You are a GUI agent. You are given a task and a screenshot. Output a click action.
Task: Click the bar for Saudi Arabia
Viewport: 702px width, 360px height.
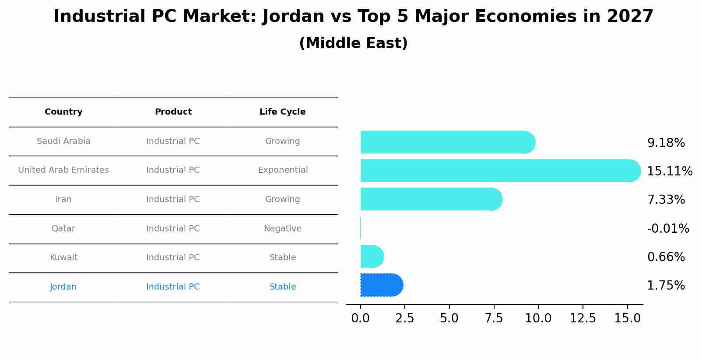point(446,142)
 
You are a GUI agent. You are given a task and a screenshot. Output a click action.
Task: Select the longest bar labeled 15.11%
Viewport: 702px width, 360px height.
point(499,171)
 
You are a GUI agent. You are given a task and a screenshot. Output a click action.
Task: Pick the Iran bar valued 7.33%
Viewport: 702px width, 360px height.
point(431,199)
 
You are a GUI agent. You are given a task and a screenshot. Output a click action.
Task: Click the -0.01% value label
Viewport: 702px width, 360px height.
point(668,228)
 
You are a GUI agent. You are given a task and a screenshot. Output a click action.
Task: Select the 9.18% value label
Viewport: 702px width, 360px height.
point(666,143)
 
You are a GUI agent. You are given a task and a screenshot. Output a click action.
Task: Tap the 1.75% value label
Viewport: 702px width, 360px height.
point(666,285)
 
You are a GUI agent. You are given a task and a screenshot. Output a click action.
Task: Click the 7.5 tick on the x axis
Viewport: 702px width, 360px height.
point(494,318)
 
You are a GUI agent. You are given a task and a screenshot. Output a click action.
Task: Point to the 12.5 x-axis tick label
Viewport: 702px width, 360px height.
point(583,318)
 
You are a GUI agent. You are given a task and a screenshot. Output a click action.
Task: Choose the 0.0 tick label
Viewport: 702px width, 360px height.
point(360,318)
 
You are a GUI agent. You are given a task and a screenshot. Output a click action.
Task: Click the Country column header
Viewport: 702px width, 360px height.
point(63,112)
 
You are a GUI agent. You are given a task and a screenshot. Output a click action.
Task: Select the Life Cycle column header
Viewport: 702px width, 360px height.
point(282,112)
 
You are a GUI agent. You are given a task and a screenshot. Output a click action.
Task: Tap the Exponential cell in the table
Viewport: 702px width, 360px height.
point(283,170)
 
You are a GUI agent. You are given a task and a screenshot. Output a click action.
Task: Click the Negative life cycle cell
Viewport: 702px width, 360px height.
point(282,228)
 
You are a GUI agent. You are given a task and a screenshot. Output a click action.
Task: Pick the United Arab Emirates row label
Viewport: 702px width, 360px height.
point(63,170)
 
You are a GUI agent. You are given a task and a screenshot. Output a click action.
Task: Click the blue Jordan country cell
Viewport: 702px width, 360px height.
point(63,287)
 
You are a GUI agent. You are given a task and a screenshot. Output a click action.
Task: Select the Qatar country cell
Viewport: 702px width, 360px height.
point(63,228)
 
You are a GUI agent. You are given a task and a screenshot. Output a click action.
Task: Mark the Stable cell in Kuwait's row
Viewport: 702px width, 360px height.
point(282,257)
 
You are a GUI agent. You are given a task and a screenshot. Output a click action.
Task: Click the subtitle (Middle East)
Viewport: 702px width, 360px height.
point(353,43)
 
